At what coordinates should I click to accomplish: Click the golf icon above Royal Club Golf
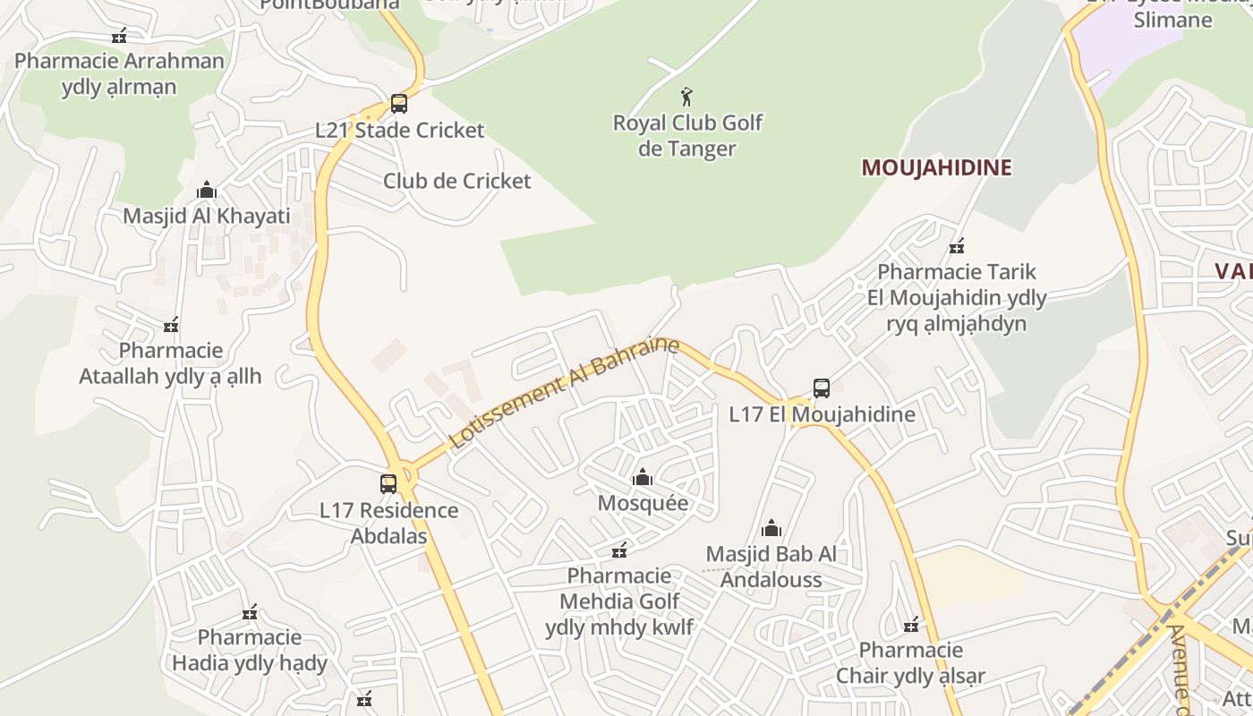686,97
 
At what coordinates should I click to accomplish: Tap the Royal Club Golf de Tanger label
687,135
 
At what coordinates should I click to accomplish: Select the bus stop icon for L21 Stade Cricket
399,104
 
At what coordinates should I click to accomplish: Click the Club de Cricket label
456,181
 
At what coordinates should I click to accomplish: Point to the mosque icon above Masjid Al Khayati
207,190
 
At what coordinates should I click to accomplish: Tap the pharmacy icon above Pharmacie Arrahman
119,36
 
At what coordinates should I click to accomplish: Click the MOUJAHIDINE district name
936,167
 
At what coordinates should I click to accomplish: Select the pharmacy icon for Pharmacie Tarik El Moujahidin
957,245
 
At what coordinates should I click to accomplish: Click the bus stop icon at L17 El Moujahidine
822,388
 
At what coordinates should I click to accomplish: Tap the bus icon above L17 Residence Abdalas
388,484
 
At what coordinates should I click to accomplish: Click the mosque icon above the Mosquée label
643,477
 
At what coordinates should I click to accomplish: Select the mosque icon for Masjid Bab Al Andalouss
771,528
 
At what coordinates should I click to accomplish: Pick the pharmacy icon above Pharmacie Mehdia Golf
619,550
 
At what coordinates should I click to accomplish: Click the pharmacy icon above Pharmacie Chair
911,624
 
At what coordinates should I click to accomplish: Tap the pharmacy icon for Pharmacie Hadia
250,612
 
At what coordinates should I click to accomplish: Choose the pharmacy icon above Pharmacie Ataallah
171,324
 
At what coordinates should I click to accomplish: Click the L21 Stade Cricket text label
399,130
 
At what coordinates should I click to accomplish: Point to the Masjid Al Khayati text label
207,216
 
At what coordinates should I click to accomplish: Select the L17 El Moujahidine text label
822,414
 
